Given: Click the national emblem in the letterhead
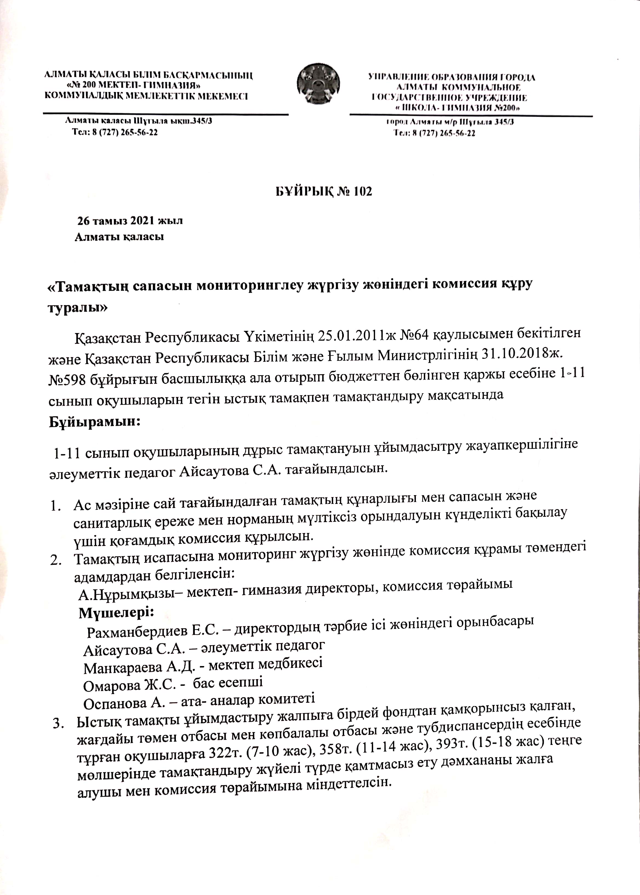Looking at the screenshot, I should [x=318, y=84].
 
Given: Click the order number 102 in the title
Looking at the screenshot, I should [x=360, y=191].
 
